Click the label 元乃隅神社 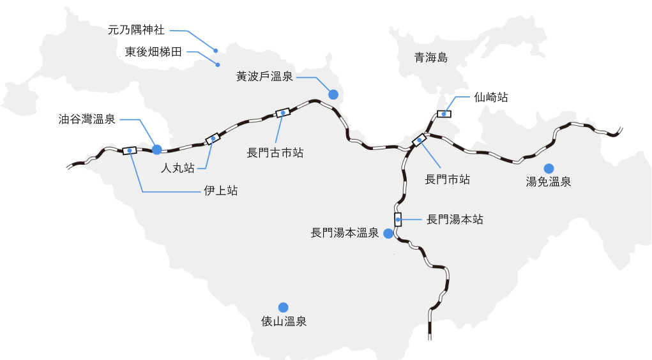136,30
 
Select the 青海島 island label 431,58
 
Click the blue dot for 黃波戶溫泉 333,94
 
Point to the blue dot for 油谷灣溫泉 157,149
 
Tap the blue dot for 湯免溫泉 548,168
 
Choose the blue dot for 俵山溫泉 283,307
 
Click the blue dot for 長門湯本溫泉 388,234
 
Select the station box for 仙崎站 444,114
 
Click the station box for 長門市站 420,140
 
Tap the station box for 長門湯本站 398,220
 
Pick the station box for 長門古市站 282,112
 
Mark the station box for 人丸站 213,139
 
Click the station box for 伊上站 130,151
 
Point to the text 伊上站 220,190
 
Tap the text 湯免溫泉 548,182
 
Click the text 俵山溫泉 284,322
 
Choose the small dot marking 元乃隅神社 216,50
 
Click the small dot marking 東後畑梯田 218,64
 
